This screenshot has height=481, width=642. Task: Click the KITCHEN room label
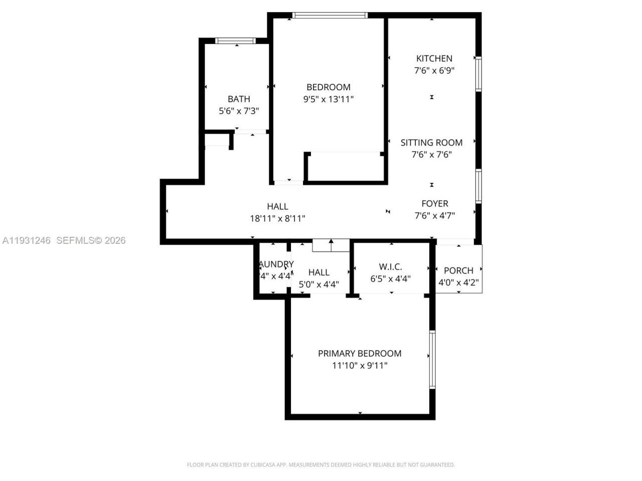point(434,59)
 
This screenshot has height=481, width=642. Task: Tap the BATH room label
point(239,99)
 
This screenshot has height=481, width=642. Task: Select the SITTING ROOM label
point(431,143)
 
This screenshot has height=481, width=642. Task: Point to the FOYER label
point(434,204)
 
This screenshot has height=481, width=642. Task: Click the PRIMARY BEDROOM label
point(360,354)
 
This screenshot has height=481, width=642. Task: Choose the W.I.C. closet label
point(390,267)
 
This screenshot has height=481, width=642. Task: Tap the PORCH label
point(458,271)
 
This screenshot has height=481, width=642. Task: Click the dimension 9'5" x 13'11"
point(329,99)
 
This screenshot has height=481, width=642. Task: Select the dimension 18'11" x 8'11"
point(277,218)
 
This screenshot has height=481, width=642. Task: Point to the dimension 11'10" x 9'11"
point(360,366)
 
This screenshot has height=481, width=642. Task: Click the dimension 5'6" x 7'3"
point(239,111)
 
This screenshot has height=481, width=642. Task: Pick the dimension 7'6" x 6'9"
point(434,71)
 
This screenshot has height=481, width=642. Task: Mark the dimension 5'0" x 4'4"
point(319,285)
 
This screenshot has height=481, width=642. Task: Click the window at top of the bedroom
point(330,16)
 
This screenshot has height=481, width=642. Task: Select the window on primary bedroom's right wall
point(432,359)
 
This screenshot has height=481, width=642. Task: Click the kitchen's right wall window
point(478,74)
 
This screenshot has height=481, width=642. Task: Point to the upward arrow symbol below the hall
point(331,245)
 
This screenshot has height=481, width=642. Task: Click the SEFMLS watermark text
point(90,241)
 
